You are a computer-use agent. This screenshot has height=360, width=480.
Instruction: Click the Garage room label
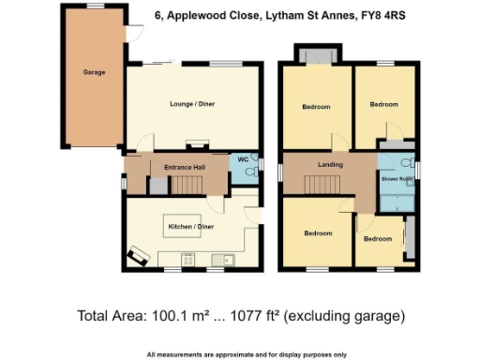click(94, 72)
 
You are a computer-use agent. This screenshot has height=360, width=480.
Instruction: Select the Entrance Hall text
click(184, 167)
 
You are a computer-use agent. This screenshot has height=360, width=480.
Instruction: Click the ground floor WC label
click(242, 158)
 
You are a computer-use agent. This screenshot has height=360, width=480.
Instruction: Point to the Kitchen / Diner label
click(187, 227)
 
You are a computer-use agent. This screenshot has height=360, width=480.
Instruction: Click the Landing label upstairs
click(330, 165)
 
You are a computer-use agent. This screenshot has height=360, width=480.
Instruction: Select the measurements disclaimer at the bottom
click(247, 354)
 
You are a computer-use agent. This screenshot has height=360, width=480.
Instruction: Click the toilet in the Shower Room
click(415, 170)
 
